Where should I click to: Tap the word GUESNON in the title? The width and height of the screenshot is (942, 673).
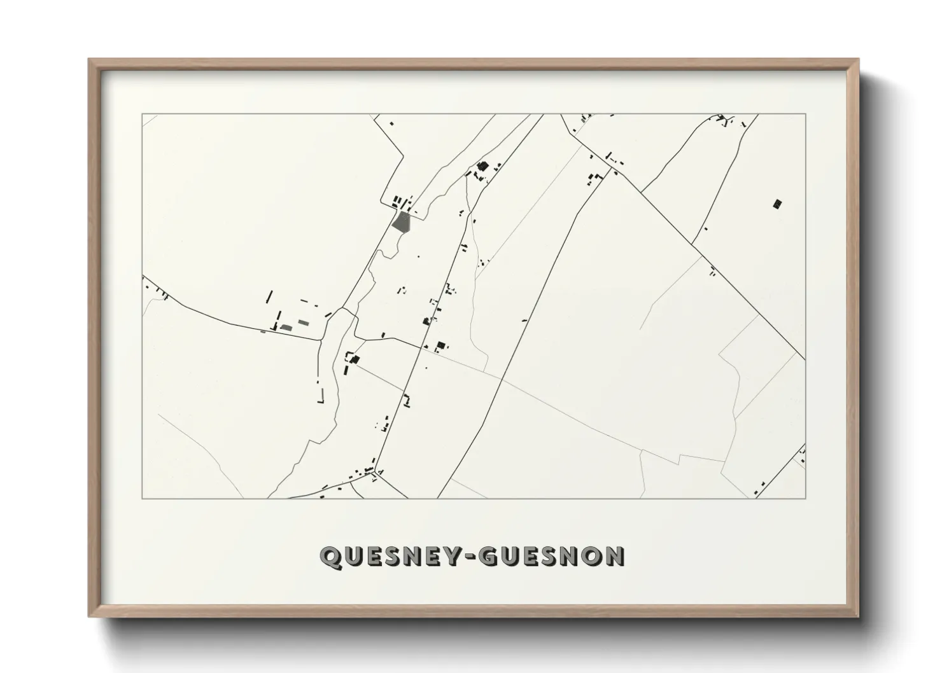(551, 557)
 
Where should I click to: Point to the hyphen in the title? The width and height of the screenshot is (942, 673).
(469, 557)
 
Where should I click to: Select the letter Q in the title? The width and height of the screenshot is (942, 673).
(331, 557)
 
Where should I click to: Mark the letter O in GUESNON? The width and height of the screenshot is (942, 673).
(590, 557)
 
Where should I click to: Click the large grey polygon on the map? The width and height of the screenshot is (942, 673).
(402, 222)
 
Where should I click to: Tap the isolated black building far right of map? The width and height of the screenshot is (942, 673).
(777, 204)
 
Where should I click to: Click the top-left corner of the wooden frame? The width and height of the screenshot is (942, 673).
(89, 60)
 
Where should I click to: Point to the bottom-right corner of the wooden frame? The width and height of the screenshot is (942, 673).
(858, 616)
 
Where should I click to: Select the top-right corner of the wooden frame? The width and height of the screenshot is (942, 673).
(858, 60)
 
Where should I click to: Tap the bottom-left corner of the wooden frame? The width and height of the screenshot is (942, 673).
(89, 616)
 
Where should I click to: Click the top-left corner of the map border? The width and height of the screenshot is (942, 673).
(142, 114)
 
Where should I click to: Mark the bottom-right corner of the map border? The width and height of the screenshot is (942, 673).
(805, 498)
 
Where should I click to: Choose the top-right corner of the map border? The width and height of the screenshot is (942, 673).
(805, 114)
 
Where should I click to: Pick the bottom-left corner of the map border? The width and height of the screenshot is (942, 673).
(142, 498)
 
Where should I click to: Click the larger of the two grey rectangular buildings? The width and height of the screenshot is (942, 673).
(286, 328)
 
